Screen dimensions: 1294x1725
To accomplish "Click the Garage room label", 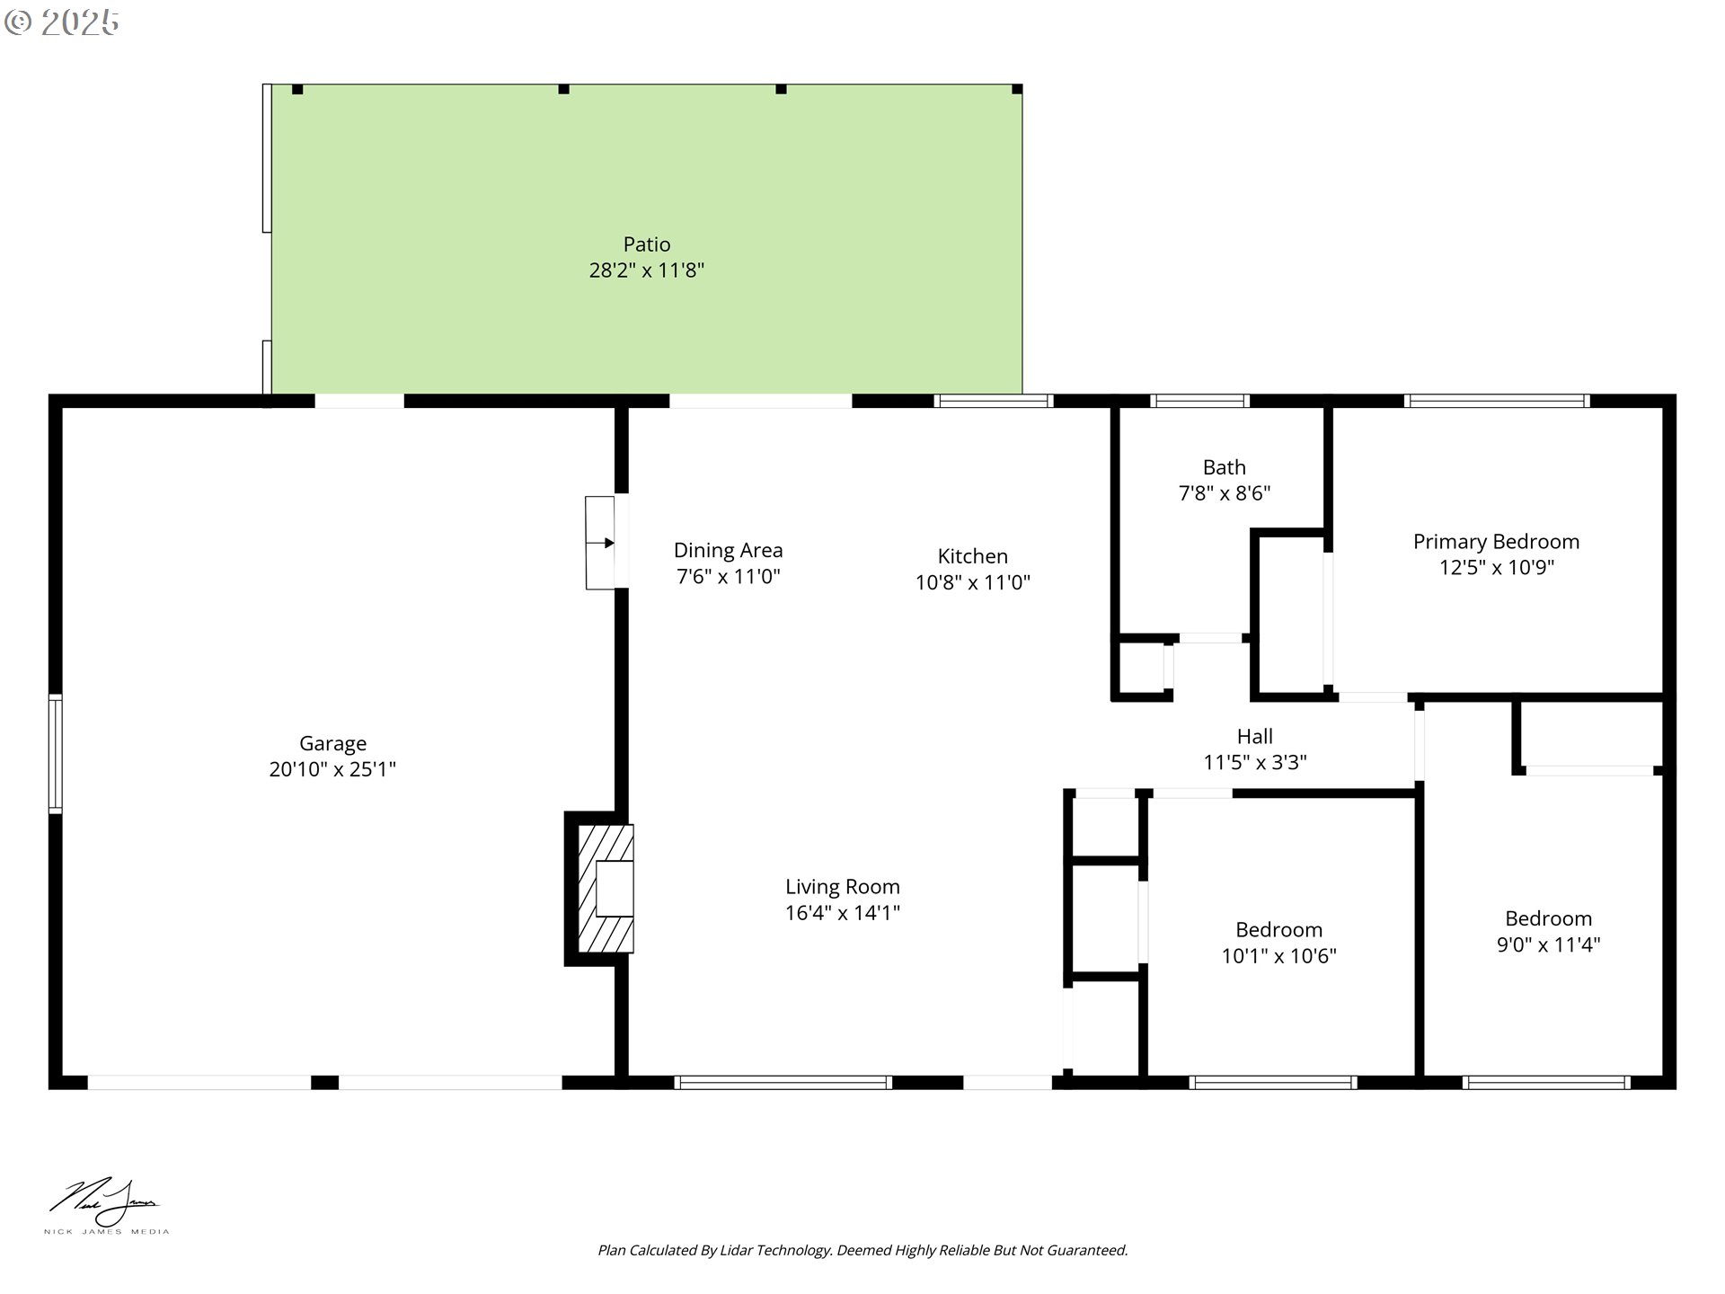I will tap(332, 743).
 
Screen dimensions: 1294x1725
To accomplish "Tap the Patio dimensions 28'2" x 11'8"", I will tap(646, 270).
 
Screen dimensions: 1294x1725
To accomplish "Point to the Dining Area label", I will tap(728, 550).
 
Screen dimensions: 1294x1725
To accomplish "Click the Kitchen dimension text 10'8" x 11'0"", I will tap(972, 582).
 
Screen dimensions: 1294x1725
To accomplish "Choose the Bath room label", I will tap(1224, 467).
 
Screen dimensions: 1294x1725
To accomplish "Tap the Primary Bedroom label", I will tap(1495, 542).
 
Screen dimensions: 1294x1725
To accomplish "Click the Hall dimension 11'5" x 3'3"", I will tap(1254, 763).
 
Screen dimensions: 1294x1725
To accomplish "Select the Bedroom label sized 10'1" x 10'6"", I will tap(1278, 930).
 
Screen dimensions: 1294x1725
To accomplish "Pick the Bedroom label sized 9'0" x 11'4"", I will tap(1547, 918).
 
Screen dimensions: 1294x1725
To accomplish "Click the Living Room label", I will tap(842, 887).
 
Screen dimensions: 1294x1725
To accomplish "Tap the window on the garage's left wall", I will tap(55, 754).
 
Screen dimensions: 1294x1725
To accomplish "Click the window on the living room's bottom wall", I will tap(783, 1083).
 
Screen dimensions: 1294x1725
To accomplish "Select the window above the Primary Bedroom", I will tap(1497, 401).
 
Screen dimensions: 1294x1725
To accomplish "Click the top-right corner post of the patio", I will tap(1017, 89).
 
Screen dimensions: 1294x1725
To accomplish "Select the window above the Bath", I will tap(1199, 401).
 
